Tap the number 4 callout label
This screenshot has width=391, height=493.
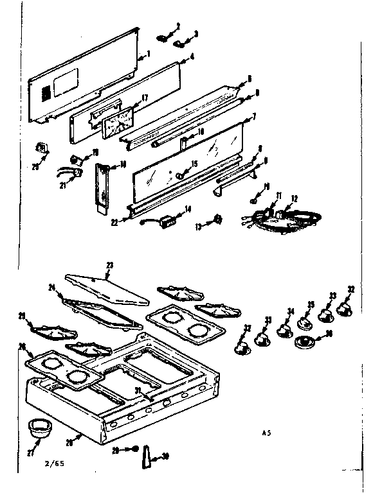point(192,56)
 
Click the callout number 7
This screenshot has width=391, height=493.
point(254,117)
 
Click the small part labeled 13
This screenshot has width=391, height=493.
point(218,220)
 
